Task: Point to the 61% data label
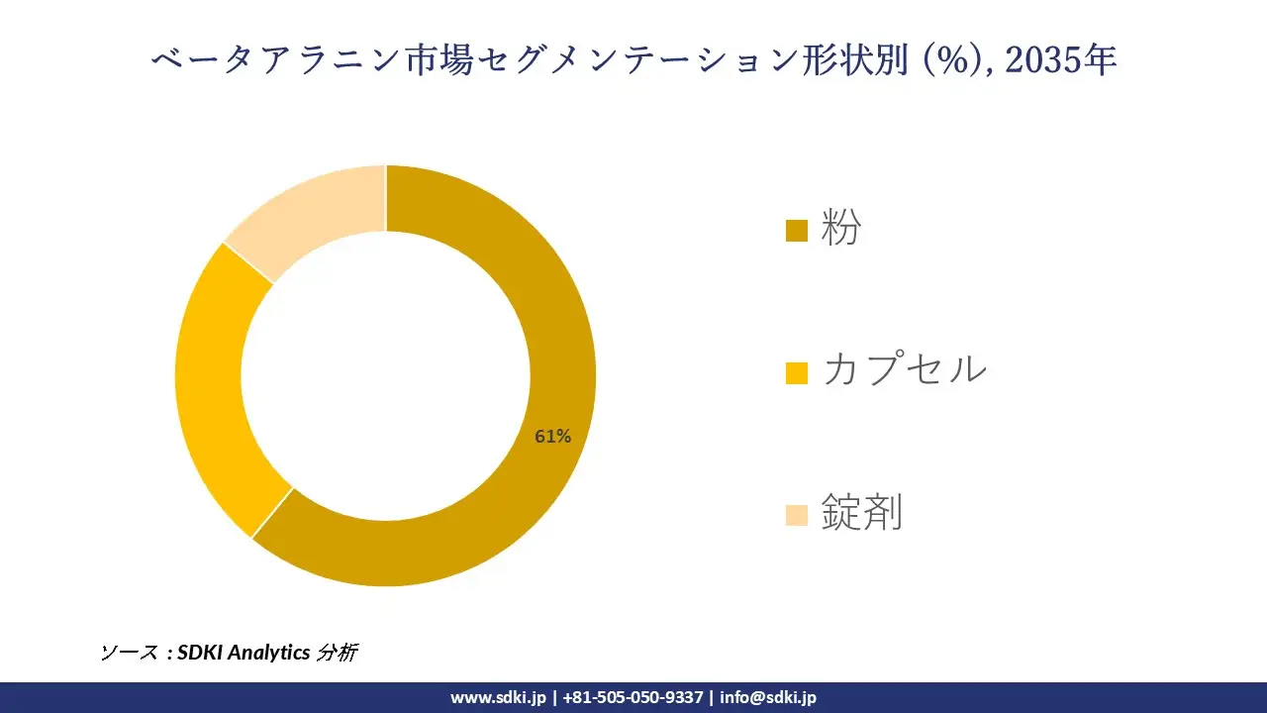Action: [552, 436]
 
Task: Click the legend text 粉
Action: [841, 230]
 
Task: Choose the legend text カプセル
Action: [904, 370]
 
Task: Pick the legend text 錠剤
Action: [861, 513]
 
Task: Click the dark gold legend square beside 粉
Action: [797, 231]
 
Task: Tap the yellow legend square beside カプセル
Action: [797, 372]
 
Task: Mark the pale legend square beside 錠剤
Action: [797, 515]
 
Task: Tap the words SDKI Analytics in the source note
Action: [244, 653]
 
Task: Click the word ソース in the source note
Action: [128, 653]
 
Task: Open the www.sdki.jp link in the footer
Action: [498, 697]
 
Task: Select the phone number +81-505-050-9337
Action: [633, 697]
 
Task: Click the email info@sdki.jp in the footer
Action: [768, 697]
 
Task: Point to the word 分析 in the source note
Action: [337, 653]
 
